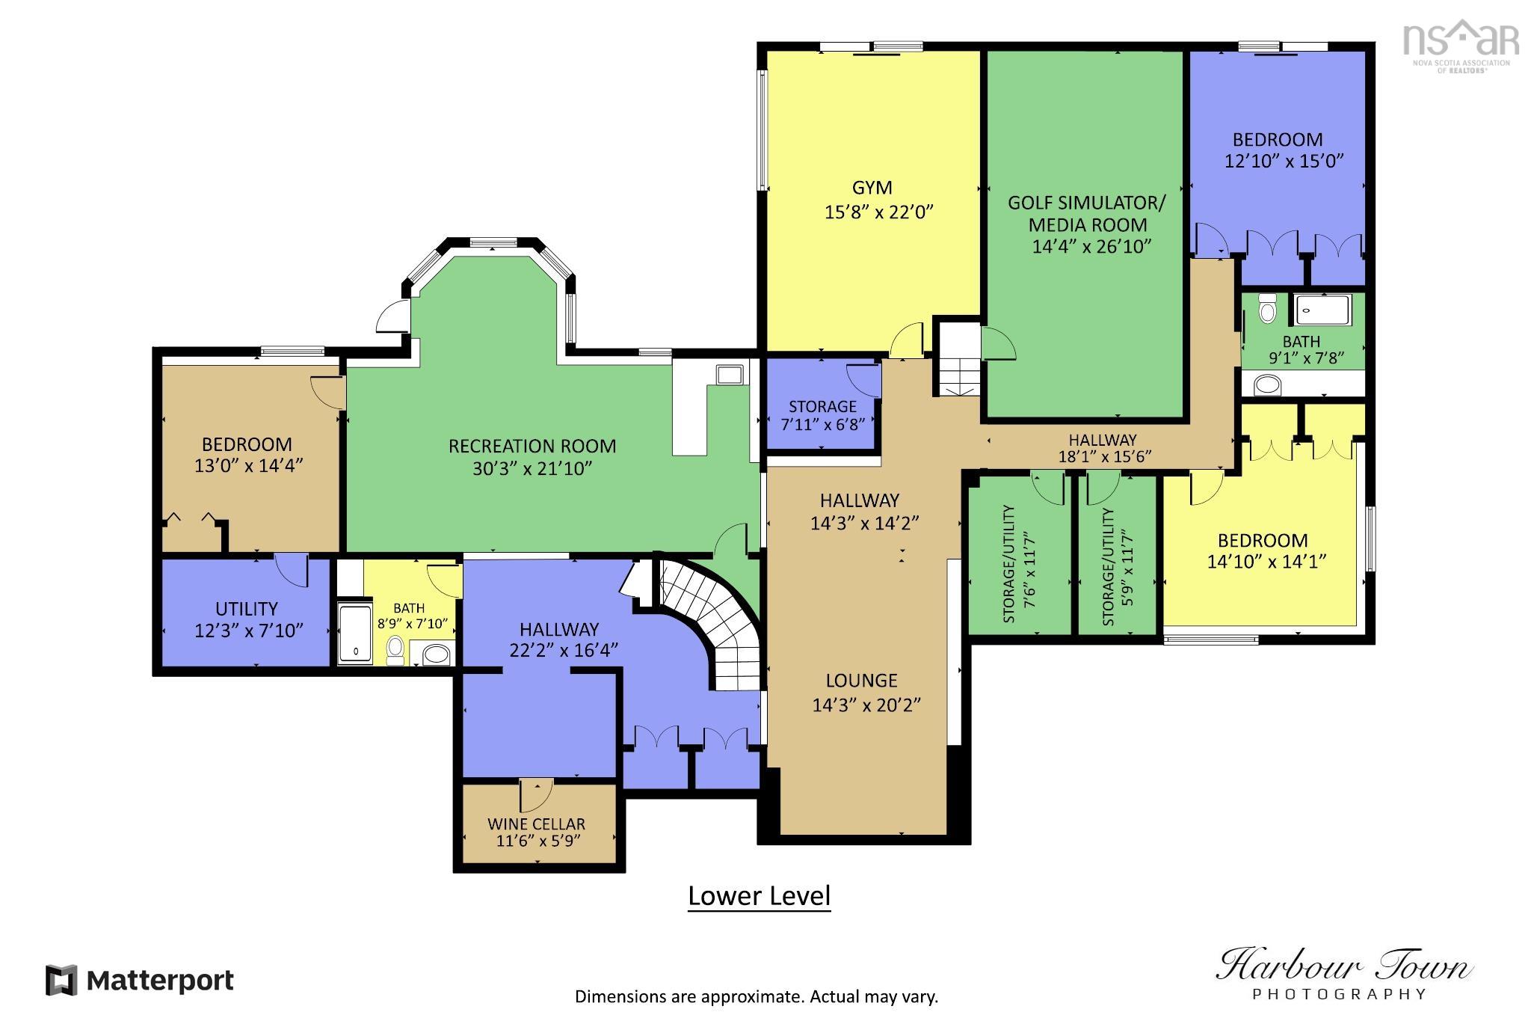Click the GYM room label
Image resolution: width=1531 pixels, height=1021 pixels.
coord(872,188)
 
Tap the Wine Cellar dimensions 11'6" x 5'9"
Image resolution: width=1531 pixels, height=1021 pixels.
coord(537,841)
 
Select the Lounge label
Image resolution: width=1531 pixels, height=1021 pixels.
coord(861,681)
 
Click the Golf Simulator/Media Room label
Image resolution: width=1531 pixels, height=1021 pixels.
coord(1087,214)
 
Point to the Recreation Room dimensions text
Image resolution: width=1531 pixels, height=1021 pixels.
coord(532,469)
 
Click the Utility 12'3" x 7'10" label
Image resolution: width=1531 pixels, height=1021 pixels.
coord(247,620)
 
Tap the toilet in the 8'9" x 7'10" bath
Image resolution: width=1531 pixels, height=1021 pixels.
coord(395,649)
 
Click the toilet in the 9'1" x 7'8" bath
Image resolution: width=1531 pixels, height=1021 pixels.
coord(1267,309)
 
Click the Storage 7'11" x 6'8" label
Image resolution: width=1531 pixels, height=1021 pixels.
coord(822,414)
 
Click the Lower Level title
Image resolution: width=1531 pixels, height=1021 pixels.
coord(759,896)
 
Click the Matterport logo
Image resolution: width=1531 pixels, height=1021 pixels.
coord(140,980)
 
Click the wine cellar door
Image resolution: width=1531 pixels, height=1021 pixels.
coord(536,795)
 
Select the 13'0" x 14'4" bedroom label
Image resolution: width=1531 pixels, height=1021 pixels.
coord(247,455)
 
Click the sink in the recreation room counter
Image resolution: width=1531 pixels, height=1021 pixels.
coord(728,375)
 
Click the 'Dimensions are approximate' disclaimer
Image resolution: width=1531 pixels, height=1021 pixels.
coord(756,996)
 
